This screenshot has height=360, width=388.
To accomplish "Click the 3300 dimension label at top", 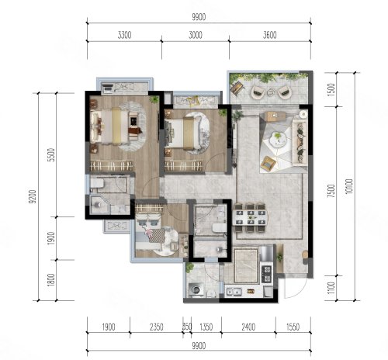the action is point(124,35).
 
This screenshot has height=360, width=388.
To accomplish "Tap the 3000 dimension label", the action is point(196,35).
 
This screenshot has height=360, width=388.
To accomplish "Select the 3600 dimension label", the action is point(270,35).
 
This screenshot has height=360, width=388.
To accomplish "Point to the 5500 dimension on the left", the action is point(52,154).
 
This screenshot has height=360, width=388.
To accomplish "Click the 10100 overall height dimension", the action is point(349,186).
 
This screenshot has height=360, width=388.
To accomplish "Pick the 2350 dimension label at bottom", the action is point(157,327).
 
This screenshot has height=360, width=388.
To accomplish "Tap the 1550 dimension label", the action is point(293,327).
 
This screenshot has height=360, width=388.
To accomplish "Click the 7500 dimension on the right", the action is point(331,191).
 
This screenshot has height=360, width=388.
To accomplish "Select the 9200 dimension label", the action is point(33,196).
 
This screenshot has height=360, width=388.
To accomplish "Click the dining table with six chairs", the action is point(251,217).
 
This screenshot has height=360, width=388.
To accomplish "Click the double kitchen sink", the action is point(234,292).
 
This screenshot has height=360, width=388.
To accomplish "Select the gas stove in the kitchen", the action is point(267,274).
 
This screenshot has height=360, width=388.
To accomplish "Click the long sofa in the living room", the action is point(300,143).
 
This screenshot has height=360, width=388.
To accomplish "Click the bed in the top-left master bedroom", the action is point(111,126).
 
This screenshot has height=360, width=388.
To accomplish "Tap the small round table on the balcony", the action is point(272,92).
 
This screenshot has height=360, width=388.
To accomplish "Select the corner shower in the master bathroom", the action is point(100,204).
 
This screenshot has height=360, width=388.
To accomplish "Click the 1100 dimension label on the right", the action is point(331,288).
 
